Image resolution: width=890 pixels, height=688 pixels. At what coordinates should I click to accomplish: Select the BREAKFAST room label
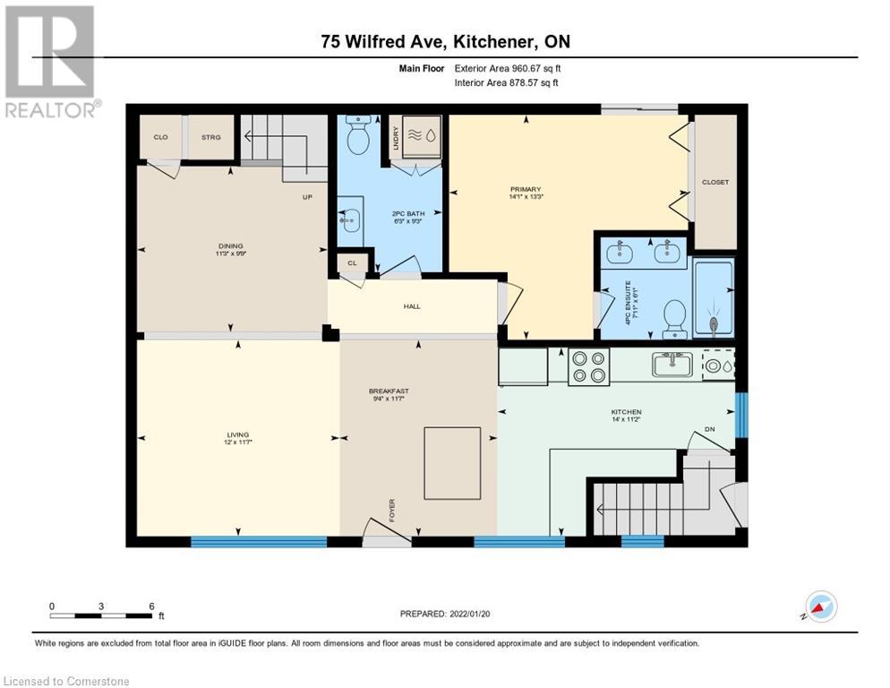point(389,391)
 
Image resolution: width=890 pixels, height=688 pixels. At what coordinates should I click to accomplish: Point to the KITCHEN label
point(627,412)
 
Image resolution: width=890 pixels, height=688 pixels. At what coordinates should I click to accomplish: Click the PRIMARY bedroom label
point(526,189)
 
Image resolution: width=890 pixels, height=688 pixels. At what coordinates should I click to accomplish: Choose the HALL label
point(412,306)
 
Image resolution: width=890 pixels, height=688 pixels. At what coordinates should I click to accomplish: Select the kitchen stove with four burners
point(587,367)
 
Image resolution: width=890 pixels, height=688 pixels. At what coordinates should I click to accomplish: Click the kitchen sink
point(672,365)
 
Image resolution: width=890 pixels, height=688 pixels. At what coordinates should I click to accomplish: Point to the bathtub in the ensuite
point(714,298)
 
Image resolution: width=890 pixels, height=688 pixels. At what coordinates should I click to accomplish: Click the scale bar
point(101,615)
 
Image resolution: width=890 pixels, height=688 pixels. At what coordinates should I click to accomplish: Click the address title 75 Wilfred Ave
point(445,41)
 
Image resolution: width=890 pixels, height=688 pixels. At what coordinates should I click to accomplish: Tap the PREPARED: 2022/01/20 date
point(446,614)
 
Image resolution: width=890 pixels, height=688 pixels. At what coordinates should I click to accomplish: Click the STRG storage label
point(211,137)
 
